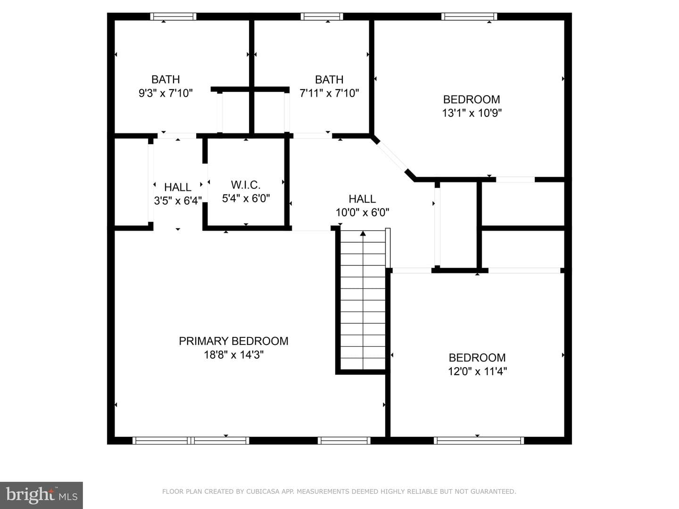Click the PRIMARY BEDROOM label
click(x=233, y=341)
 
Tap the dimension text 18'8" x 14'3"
click(x=233, y=354)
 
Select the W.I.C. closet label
click(x=246, y=185)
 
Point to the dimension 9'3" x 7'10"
click(x=166, y=93)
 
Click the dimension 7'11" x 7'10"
click(x=329, y=93)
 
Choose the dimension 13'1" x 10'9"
click(x=472, y=113)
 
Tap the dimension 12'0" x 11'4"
click(x=477, y=371)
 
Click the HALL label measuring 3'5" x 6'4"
click(x=178, y=187)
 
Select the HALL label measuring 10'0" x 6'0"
click(x=362, y=199)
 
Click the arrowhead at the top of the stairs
click(x=363, y=233)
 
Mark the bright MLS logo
click(x=41, y=495)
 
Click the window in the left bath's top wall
click(x=173, y=16)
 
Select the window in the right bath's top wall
click(x=322, y=16)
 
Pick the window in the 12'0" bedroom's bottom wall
click(x=479, y=441)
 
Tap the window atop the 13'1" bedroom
click(x=469, y=16)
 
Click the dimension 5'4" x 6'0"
click(x=246, y=198)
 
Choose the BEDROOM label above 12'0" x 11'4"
click(x=477, y=358)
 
